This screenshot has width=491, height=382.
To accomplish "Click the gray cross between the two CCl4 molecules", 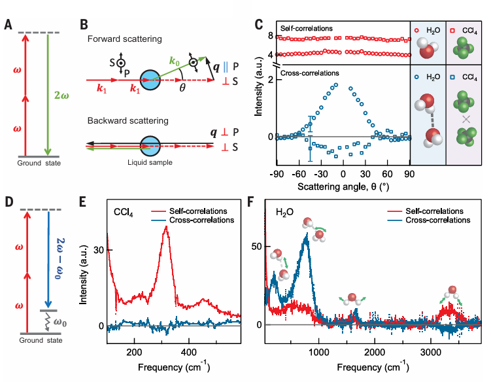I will (465, 119).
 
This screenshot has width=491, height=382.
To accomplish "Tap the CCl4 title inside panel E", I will (126, 213).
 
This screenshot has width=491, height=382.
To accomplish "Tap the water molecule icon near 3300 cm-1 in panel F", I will (452, 295).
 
